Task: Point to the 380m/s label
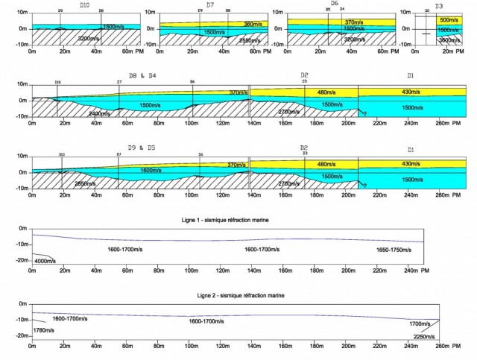(238, 24)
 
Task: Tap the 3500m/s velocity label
(449, 39)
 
